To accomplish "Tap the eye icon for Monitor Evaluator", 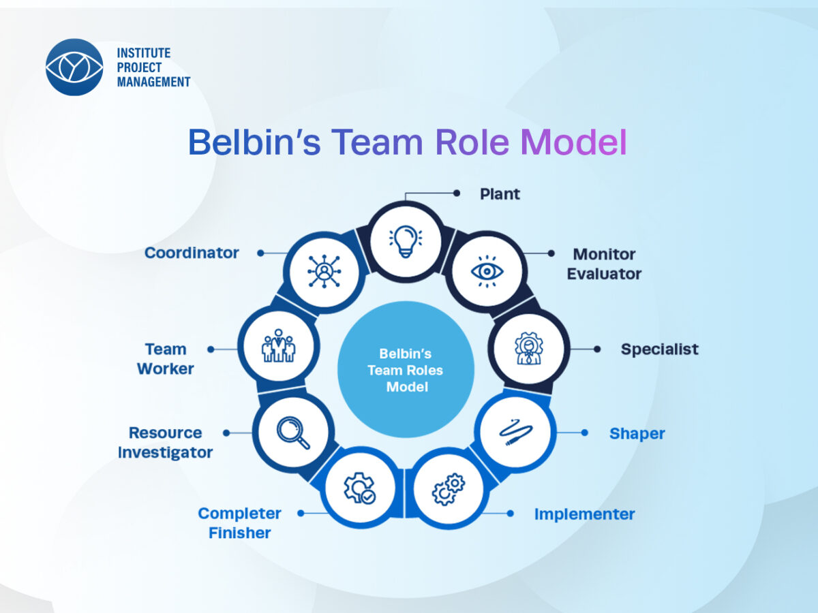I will point(487,271).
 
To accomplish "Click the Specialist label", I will point(659,349).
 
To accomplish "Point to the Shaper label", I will point(637,434).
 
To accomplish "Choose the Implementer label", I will point(584,514).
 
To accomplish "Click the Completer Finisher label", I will point(239,523).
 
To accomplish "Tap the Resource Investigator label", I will point(165,443).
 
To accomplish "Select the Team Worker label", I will point(166,359).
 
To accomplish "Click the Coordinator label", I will point(192,253).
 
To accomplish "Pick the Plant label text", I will point(500,194).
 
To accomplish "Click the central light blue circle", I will point(406,369).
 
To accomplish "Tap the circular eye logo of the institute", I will point(74,67).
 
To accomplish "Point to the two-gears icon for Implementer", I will point(447,488).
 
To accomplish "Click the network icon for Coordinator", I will point(324,271).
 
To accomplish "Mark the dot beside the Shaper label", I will point(584,433).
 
